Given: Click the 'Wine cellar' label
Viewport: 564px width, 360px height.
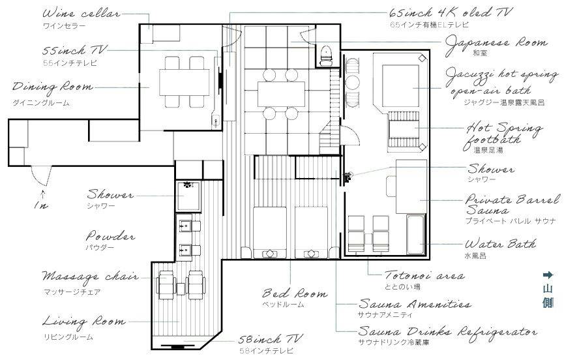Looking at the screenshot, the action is (81, 14).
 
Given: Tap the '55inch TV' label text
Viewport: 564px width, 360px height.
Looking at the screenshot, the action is (74, 50).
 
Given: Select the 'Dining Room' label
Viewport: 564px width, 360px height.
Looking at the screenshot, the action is (53, 87).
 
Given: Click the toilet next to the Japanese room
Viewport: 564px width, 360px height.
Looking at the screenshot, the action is (326, 55).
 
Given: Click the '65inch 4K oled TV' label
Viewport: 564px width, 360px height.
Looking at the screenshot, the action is (451, 13).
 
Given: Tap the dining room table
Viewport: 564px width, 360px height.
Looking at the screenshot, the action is (184, 82).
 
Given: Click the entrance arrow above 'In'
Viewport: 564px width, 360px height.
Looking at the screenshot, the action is (43, 193).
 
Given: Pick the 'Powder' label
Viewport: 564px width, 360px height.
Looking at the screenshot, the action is (110, 236).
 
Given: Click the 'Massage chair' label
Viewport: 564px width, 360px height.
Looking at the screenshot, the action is (90, 277).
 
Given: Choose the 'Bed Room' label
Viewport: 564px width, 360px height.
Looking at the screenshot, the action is (295, 293).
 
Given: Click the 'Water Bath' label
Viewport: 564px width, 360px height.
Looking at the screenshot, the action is (500, 244).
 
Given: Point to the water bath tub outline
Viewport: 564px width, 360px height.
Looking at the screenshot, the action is (416, 234).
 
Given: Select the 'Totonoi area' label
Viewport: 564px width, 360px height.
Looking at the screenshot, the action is (424, 275).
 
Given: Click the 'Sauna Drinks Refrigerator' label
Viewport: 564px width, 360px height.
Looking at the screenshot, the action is (448, 331).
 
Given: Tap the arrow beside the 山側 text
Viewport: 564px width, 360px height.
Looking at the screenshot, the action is (548, 275).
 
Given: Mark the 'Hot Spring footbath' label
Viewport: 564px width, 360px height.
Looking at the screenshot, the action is (502, 134).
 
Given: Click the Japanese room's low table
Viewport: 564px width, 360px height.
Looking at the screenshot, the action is (281, 94).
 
